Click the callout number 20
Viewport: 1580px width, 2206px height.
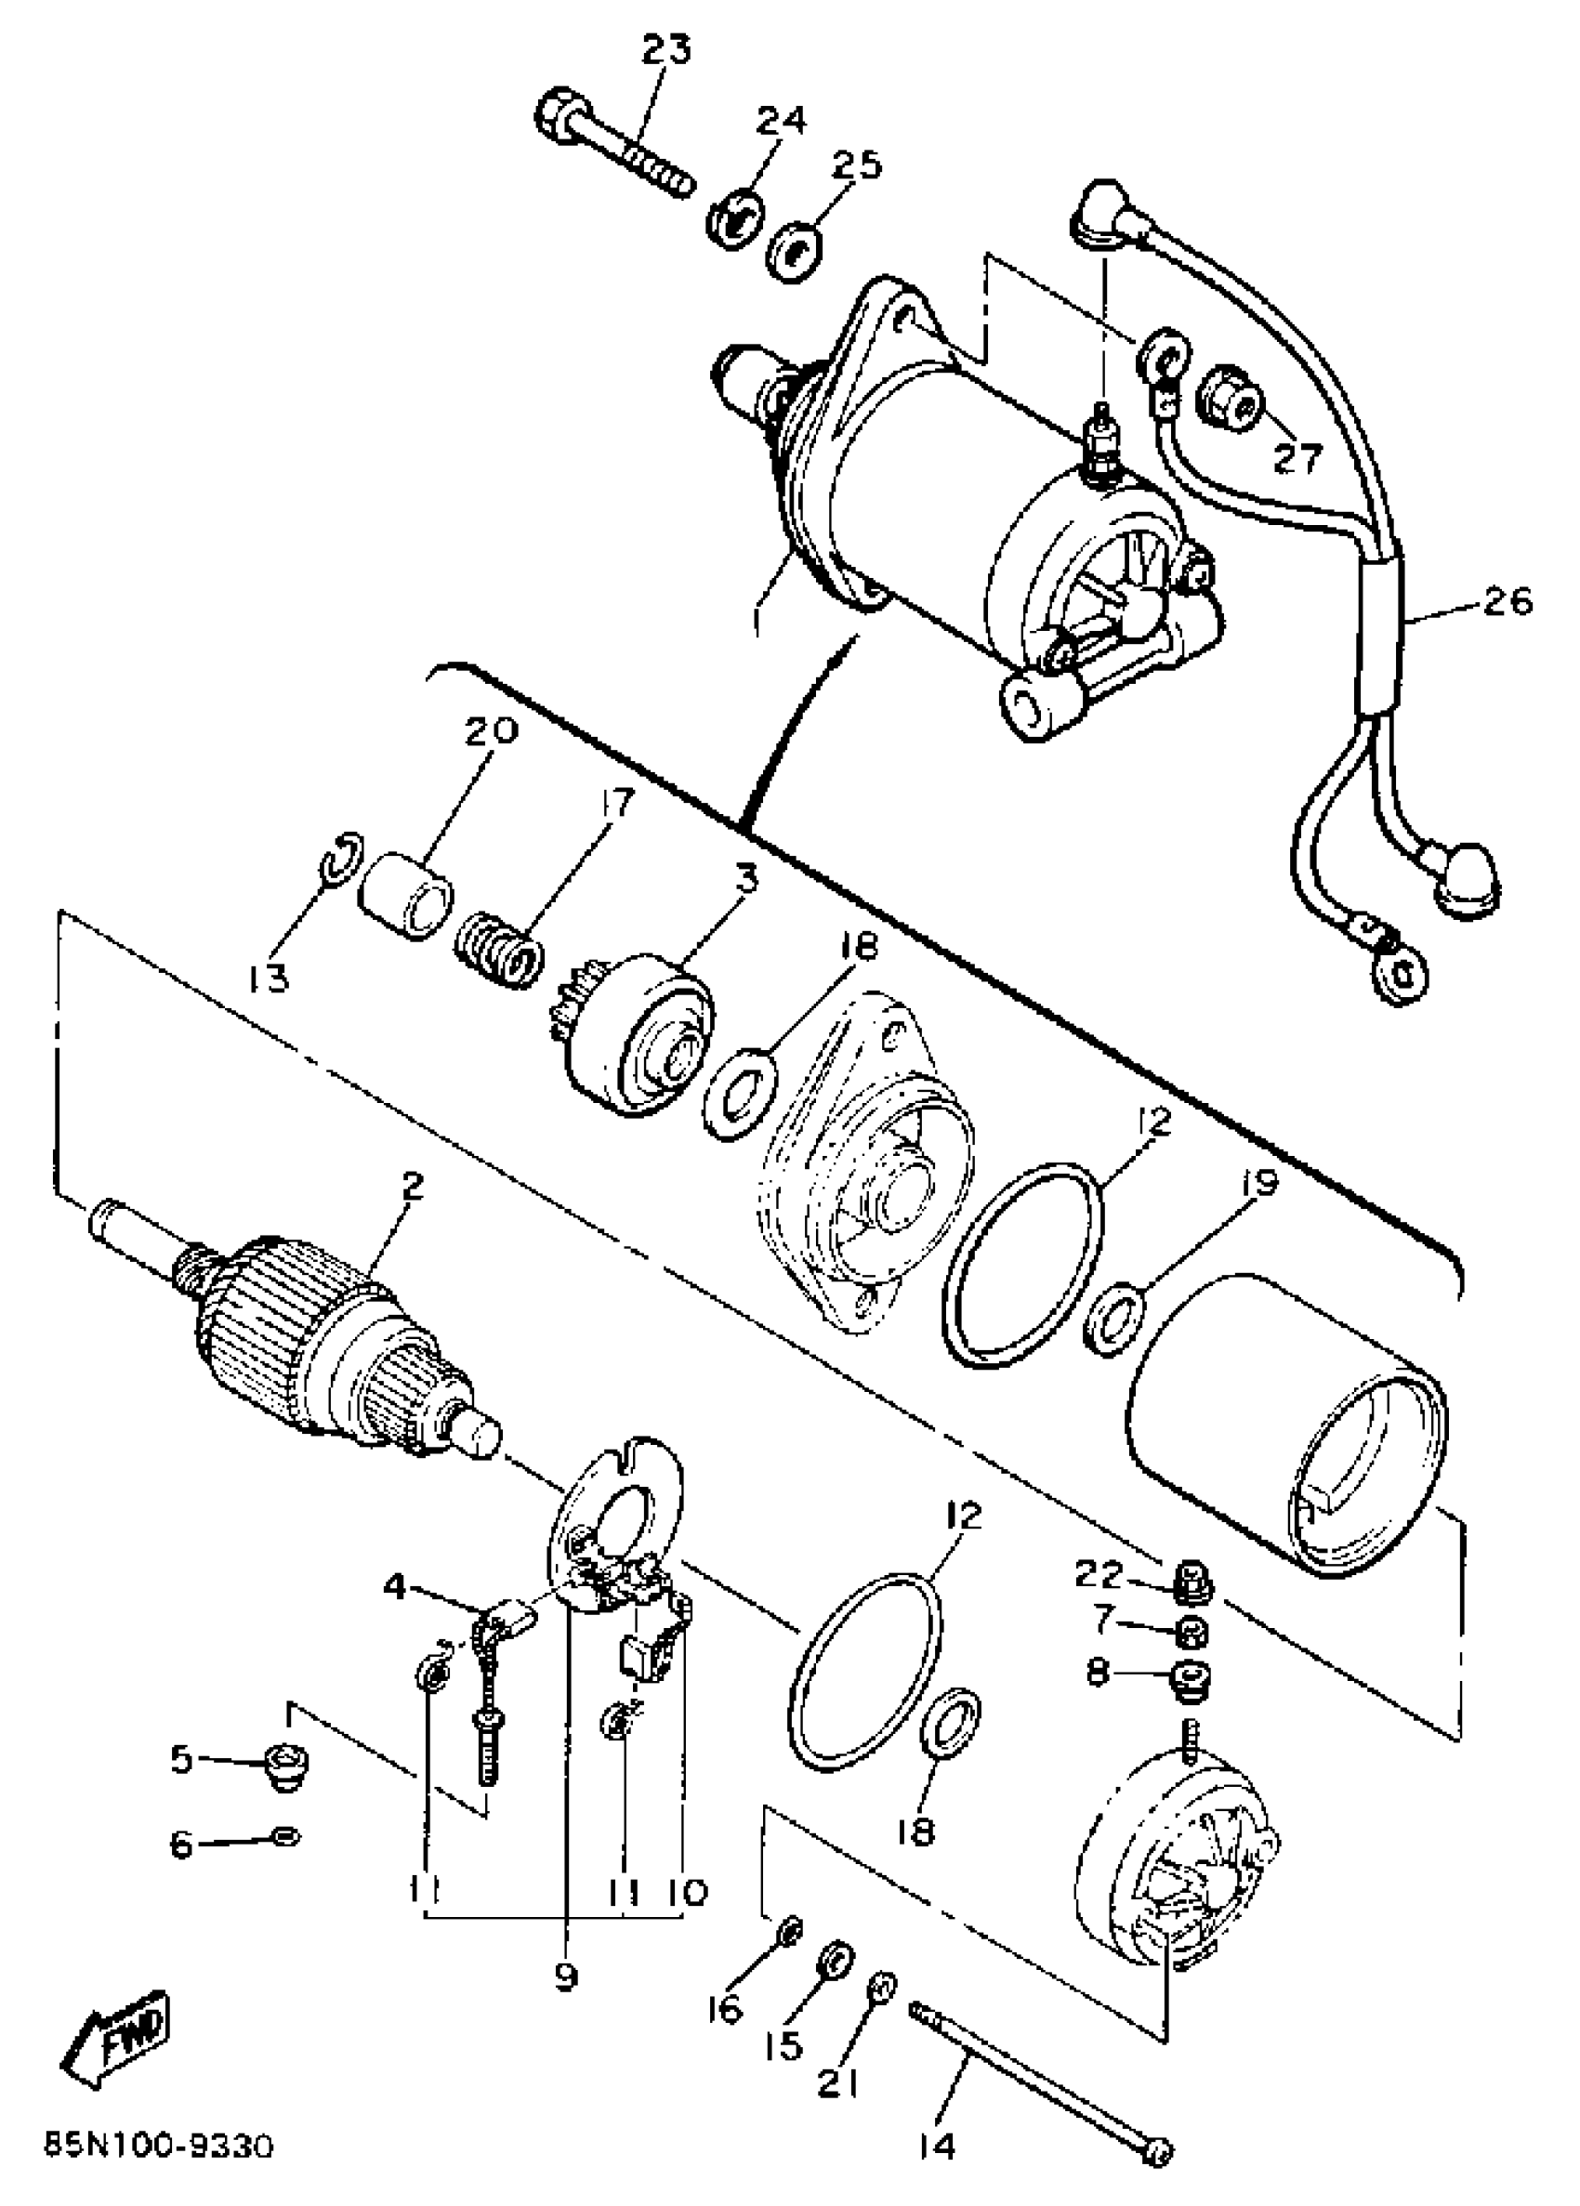[x=492, y=730]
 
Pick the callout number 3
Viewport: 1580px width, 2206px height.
[x=745, y=880]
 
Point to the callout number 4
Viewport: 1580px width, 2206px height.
[x=394, y=1587]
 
